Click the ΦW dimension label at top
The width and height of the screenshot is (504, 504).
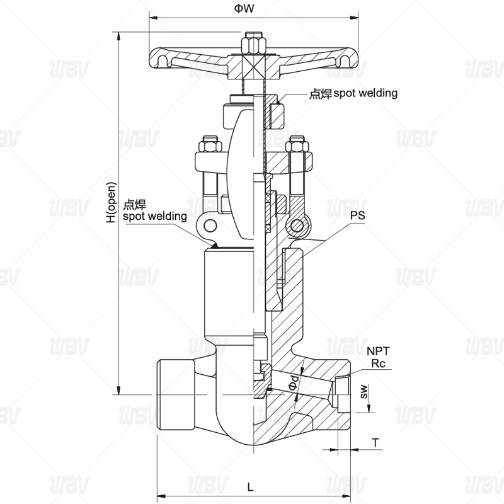click(244, 8)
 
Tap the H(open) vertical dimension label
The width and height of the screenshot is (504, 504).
click(112, 202)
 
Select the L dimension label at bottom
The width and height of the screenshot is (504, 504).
click(250, 487)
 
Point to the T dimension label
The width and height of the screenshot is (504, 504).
click(375, 443)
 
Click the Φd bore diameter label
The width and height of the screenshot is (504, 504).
click(294, 382)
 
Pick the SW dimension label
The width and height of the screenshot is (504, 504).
click(364, 391)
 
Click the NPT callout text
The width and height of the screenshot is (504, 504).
click(378, 351)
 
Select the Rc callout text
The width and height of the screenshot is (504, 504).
click(378, 364)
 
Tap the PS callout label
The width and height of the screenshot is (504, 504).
click(357, 215)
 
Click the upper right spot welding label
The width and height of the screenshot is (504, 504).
click(353, 93)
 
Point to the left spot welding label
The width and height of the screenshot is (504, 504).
click(154, 210)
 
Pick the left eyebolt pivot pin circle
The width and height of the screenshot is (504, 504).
click(210, 226)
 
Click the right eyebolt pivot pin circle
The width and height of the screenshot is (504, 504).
click(297, 226)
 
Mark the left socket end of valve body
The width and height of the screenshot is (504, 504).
click(176, 394)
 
